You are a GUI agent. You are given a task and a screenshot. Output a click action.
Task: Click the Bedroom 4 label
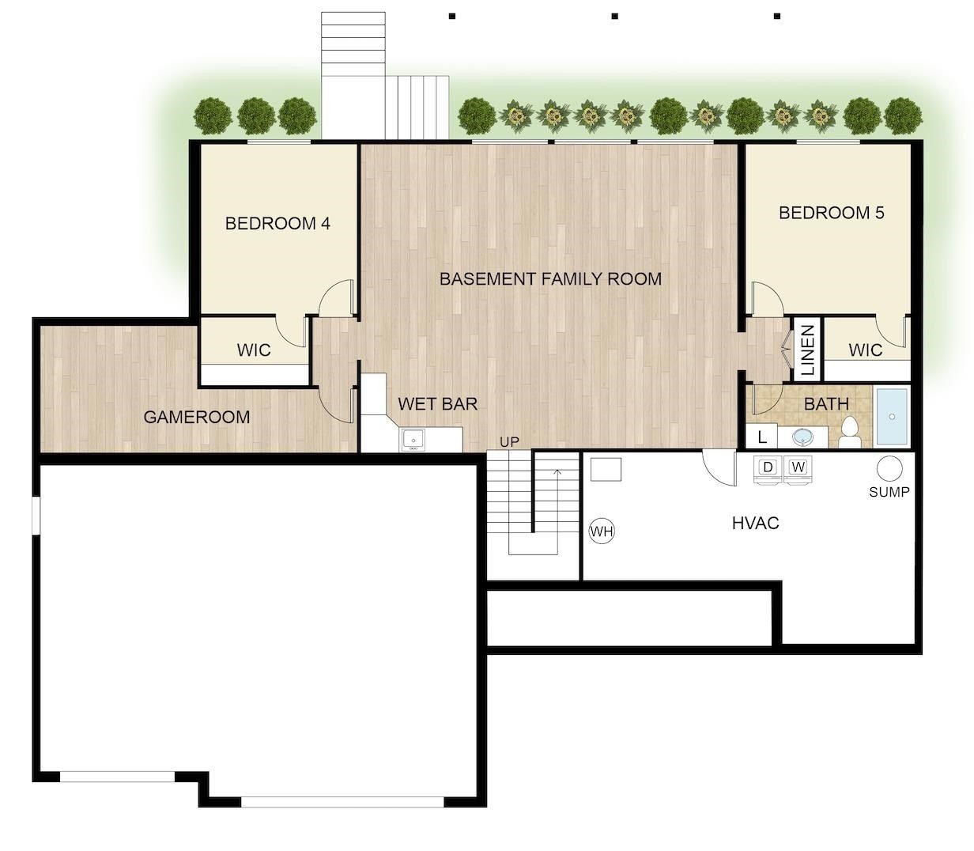coord(277,224)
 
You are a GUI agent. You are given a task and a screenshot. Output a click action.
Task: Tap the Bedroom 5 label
coord(831,213)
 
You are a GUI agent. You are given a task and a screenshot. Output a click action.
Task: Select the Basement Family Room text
coord(550,278)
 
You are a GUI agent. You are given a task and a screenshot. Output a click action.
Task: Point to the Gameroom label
coord(197,417)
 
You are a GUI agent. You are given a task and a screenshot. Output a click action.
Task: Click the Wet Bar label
coord(437,404)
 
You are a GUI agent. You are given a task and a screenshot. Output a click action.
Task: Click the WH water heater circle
coord(602,531)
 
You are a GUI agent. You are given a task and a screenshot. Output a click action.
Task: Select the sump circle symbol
coord(890,468)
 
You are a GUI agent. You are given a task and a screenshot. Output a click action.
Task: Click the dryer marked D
coord(767,467)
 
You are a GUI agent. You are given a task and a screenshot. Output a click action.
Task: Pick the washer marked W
coord(798,467)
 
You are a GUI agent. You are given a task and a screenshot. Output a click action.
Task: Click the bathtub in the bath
coord(893,416)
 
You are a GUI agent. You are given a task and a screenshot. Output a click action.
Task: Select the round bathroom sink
coord(803,437)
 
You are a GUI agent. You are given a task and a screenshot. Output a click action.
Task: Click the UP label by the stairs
coord(510,442)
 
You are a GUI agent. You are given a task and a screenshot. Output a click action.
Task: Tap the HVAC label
coord(755,523)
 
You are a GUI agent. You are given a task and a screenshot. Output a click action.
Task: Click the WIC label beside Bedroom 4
coord(254,350)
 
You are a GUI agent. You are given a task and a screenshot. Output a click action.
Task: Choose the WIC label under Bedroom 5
coord(865,350)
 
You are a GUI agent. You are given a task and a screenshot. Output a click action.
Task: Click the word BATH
coord(826,404)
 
